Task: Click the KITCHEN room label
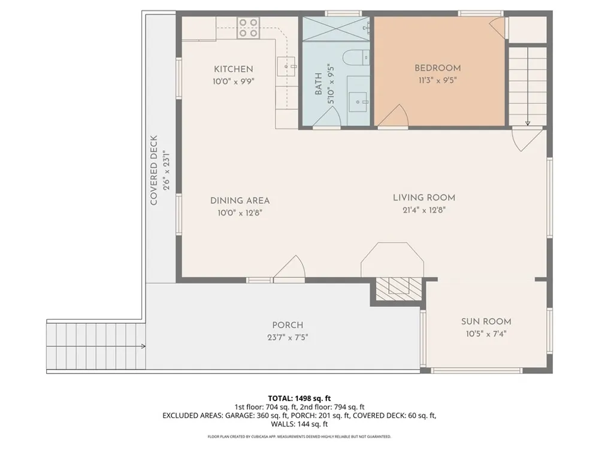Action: coord(234,69)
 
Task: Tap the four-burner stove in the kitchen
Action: coord(248,28)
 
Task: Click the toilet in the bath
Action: coord(356,57)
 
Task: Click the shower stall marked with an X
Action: coord(336,28)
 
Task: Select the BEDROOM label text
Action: coord(438,68)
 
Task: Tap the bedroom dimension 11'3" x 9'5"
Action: coord(438,80)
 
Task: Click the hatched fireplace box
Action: coord(399,289)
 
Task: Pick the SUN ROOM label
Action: coord(486,321)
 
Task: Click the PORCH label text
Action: coord(288,325)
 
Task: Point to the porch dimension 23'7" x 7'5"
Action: coord(288,338)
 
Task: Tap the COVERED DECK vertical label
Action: coord(154,170)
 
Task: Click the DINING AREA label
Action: coord(240,201)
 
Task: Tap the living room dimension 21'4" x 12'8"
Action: coord(424,210)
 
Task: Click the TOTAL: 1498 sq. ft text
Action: coord(299,399)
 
